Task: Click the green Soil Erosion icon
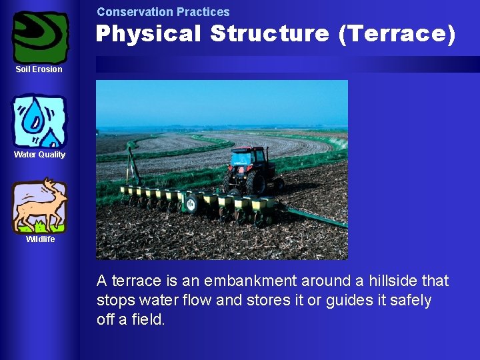point(41,37)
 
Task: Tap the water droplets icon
point(40,121)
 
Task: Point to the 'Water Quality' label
point(40,155)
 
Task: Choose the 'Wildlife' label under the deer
point(40,239)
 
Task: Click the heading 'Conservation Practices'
point(163,12)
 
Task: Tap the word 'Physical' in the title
point(147,33)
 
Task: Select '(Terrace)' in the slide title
point(397,33)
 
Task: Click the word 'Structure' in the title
point(269,33)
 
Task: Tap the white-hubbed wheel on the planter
point(192,203)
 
